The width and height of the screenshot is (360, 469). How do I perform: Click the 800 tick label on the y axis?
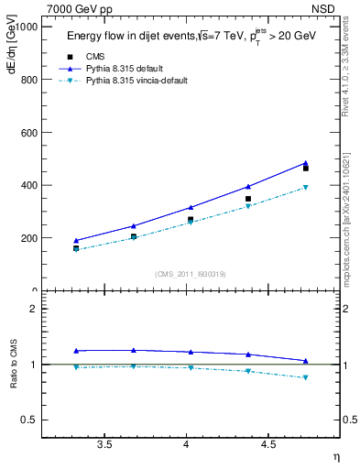click(x=28, y=80)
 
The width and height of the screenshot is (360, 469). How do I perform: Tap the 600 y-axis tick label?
click(x=28, y=133)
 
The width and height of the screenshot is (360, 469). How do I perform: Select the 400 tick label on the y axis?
click(x=28, y=185)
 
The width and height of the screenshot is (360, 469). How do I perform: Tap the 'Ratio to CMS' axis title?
click(x=12, y=364)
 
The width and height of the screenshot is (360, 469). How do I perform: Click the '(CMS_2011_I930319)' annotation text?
click(x=191, y=273)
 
